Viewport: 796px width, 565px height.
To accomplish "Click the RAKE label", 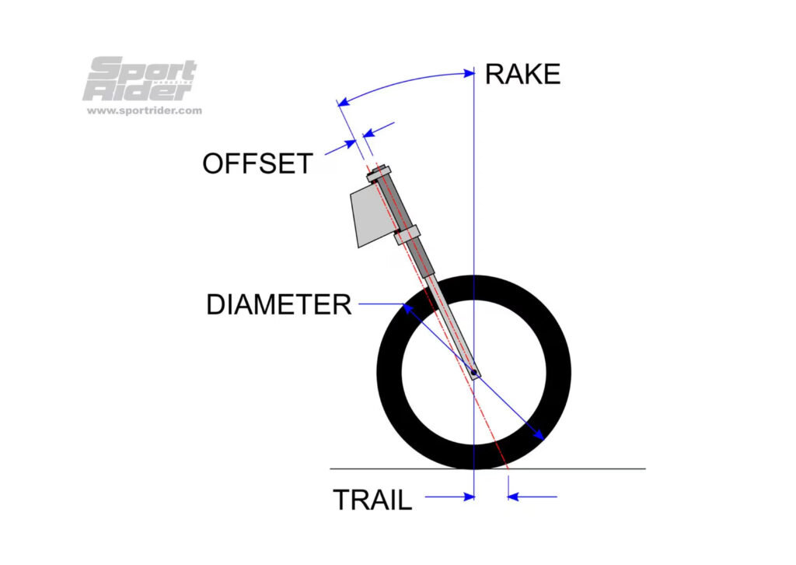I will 522,74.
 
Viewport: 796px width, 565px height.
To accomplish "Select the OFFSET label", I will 257,163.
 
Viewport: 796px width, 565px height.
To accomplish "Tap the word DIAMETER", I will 278,304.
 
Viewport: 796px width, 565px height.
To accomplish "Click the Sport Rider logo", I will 139,80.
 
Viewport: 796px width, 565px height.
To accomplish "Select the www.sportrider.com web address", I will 144,111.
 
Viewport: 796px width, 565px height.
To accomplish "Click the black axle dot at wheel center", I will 473,373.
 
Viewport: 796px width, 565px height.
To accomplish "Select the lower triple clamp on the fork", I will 407,233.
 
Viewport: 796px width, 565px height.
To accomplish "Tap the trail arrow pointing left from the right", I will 514,497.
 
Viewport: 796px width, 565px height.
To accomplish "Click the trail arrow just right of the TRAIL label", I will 467,497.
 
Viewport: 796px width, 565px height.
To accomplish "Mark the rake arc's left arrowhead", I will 341,101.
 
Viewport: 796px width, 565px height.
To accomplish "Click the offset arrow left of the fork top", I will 351,142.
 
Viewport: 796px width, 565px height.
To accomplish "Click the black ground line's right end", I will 644,468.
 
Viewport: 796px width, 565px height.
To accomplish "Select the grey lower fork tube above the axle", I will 452,327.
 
